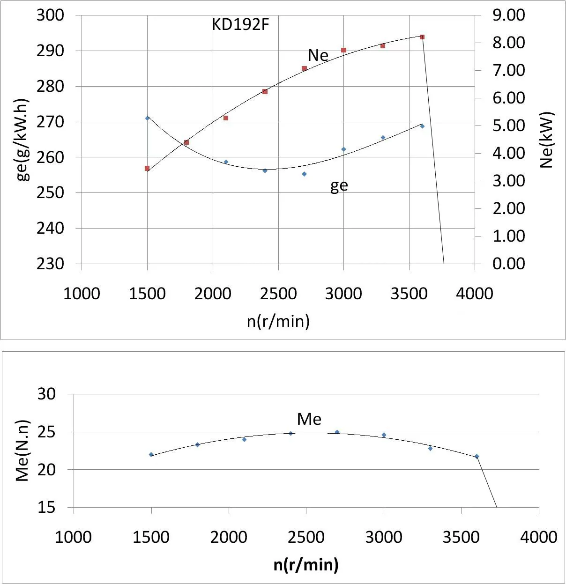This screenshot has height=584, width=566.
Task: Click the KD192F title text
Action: point(240,24)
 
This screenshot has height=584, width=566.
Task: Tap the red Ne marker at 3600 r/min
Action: point(422,37)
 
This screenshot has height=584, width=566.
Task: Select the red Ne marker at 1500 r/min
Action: point(147,168)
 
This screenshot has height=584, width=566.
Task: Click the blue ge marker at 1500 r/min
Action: point(147,118)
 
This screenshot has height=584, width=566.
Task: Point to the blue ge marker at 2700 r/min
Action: point(304,174)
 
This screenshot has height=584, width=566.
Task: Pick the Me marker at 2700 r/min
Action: point(337,432)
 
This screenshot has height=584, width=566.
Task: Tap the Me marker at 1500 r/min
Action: point(151,454)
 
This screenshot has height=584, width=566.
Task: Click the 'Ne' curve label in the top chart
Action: point(318,55)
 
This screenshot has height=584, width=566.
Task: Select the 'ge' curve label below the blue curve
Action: point(339,186)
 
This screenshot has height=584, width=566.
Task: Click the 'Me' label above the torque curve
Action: point(309,419)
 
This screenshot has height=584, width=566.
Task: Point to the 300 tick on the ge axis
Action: point(50,15)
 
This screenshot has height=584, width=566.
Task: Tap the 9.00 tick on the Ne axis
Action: point(508,15)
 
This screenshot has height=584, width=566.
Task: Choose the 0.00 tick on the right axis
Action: point(508,264)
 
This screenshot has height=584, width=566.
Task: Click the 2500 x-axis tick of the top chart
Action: point(278,294)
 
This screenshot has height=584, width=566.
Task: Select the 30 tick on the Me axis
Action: point(46,394)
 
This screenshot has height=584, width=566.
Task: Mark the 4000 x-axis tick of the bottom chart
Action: point(539,537)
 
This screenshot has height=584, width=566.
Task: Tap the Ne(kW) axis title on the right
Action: point(547,140)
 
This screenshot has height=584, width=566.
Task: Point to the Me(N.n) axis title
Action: point(22,451)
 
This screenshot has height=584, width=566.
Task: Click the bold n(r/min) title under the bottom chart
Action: point(306,564)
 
